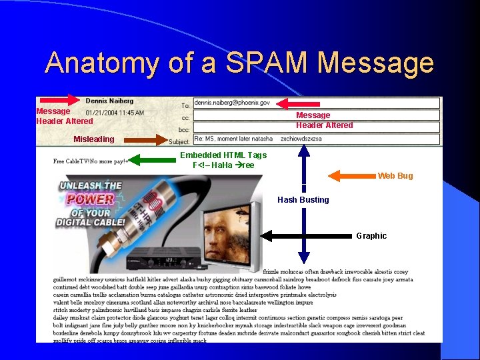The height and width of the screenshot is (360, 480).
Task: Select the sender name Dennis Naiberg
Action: tap(110, 101)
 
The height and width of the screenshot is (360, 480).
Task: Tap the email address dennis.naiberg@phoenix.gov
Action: tap(232, 103)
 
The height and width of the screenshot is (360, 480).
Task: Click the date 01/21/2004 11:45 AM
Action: tap(115, 113)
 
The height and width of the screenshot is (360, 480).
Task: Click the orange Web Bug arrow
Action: tap(352, 176)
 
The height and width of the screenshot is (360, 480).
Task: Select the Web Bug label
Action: tap(395, 176)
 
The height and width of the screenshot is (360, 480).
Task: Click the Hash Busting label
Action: tap(303, 200)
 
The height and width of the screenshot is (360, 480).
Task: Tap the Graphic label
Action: tap(371, 236)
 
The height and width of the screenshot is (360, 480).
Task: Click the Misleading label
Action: tap(93, 139)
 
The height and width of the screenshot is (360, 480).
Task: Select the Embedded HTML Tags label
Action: tap(223, 155)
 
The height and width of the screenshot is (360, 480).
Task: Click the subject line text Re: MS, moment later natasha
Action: tap(233, 139)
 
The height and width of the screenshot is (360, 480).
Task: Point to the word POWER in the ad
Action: tap(90, 199)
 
